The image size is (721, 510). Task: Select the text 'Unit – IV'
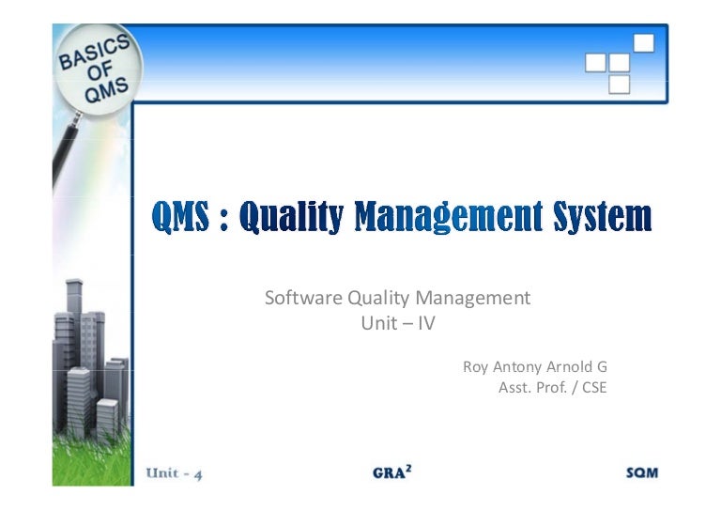click(x=398, y=323)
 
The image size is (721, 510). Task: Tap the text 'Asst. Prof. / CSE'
click(x=552, y=387)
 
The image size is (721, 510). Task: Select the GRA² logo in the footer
click(x=391, y=472)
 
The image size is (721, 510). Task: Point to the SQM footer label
click(x=641, y=473)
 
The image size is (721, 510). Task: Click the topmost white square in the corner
click(x=643, y=42)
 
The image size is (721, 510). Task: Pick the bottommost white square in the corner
click(x=619, y=85)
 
